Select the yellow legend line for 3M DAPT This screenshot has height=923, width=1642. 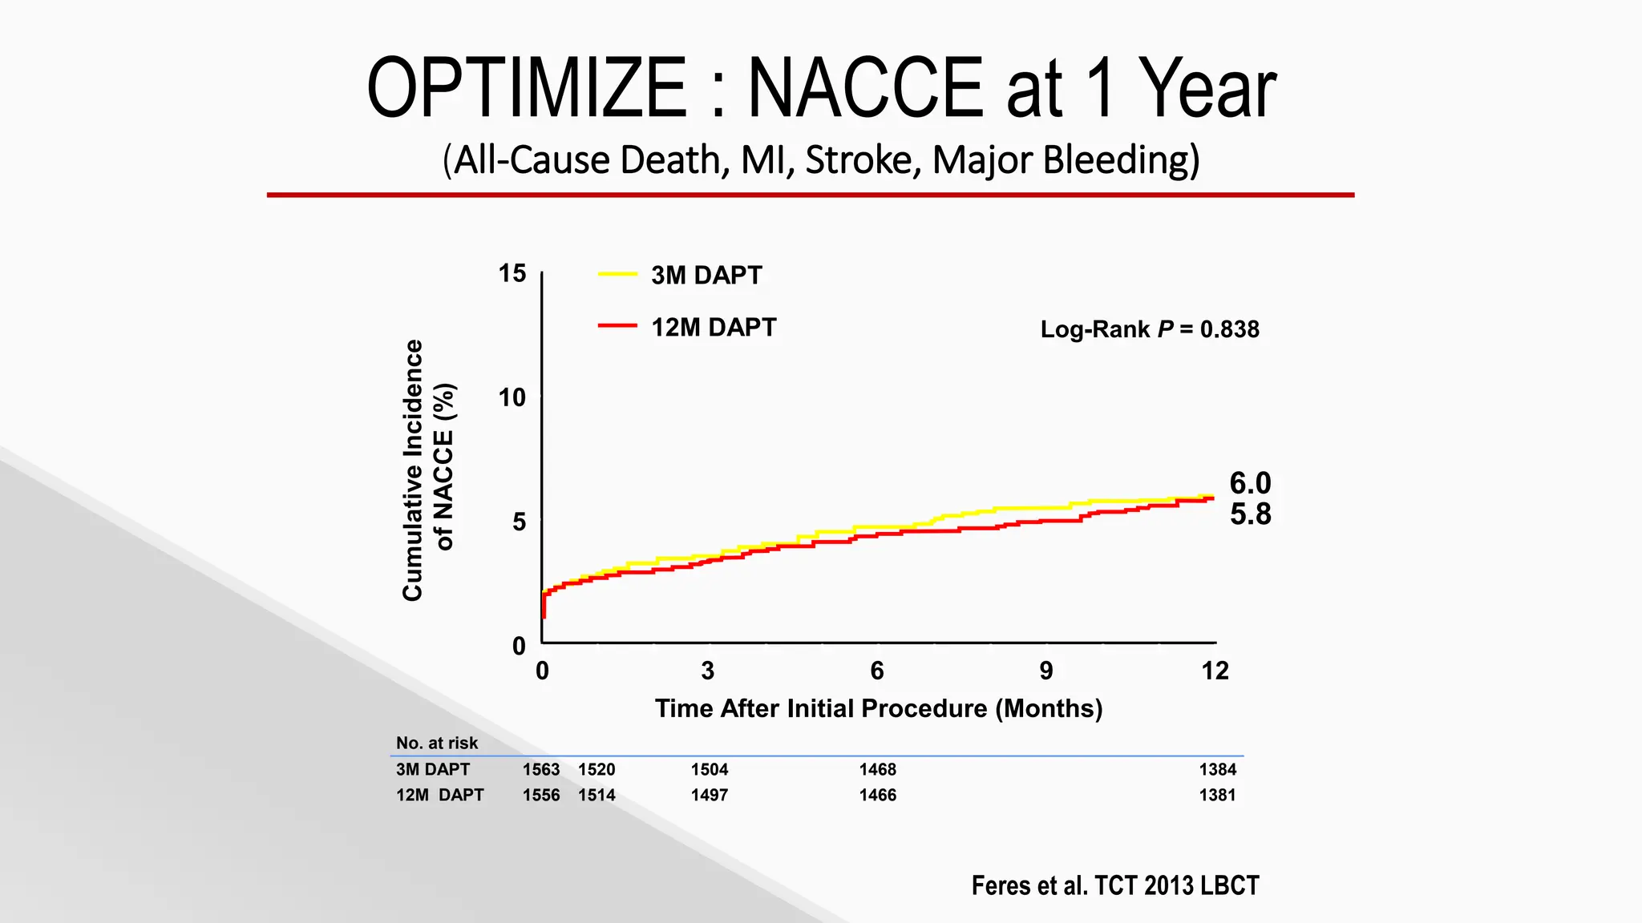[x=617, y=274]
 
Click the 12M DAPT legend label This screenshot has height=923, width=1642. [x=713, y=327]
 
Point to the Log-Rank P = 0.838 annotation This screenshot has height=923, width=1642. [x=1149, y=329]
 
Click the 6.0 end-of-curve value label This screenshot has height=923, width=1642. [x=1249, y=483]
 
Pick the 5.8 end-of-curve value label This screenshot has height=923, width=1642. [x=1249, y=514]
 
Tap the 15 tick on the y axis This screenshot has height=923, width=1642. [x=512, y=273]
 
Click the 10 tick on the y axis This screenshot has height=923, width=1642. [x=512, y=397]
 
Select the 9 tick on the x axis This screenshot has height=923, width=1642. [x=1045, y=671]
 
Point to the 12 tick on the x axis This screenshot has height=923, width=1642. [x=1214, y=671]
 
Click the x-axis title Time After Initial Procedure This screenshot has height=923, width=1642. [x=878, y=708]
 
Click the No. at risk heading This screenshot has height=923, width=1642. [x=436, y=743]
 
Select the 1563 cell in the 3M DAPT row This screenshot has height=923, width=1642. [x=540, y=769]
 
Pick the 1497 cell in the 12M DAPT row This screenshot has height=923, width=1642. [x=709, y=795]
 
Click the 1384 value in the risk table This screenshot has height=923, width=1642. [x=1217, y=769]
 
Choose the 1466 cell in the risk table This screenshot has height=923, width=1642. [x=877, y=795]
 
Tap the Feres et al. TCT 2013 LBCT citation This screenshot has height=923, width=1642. [x=1114, y=885]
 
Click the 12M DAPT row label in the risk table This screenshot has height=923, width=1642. [x=439, y=795]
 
